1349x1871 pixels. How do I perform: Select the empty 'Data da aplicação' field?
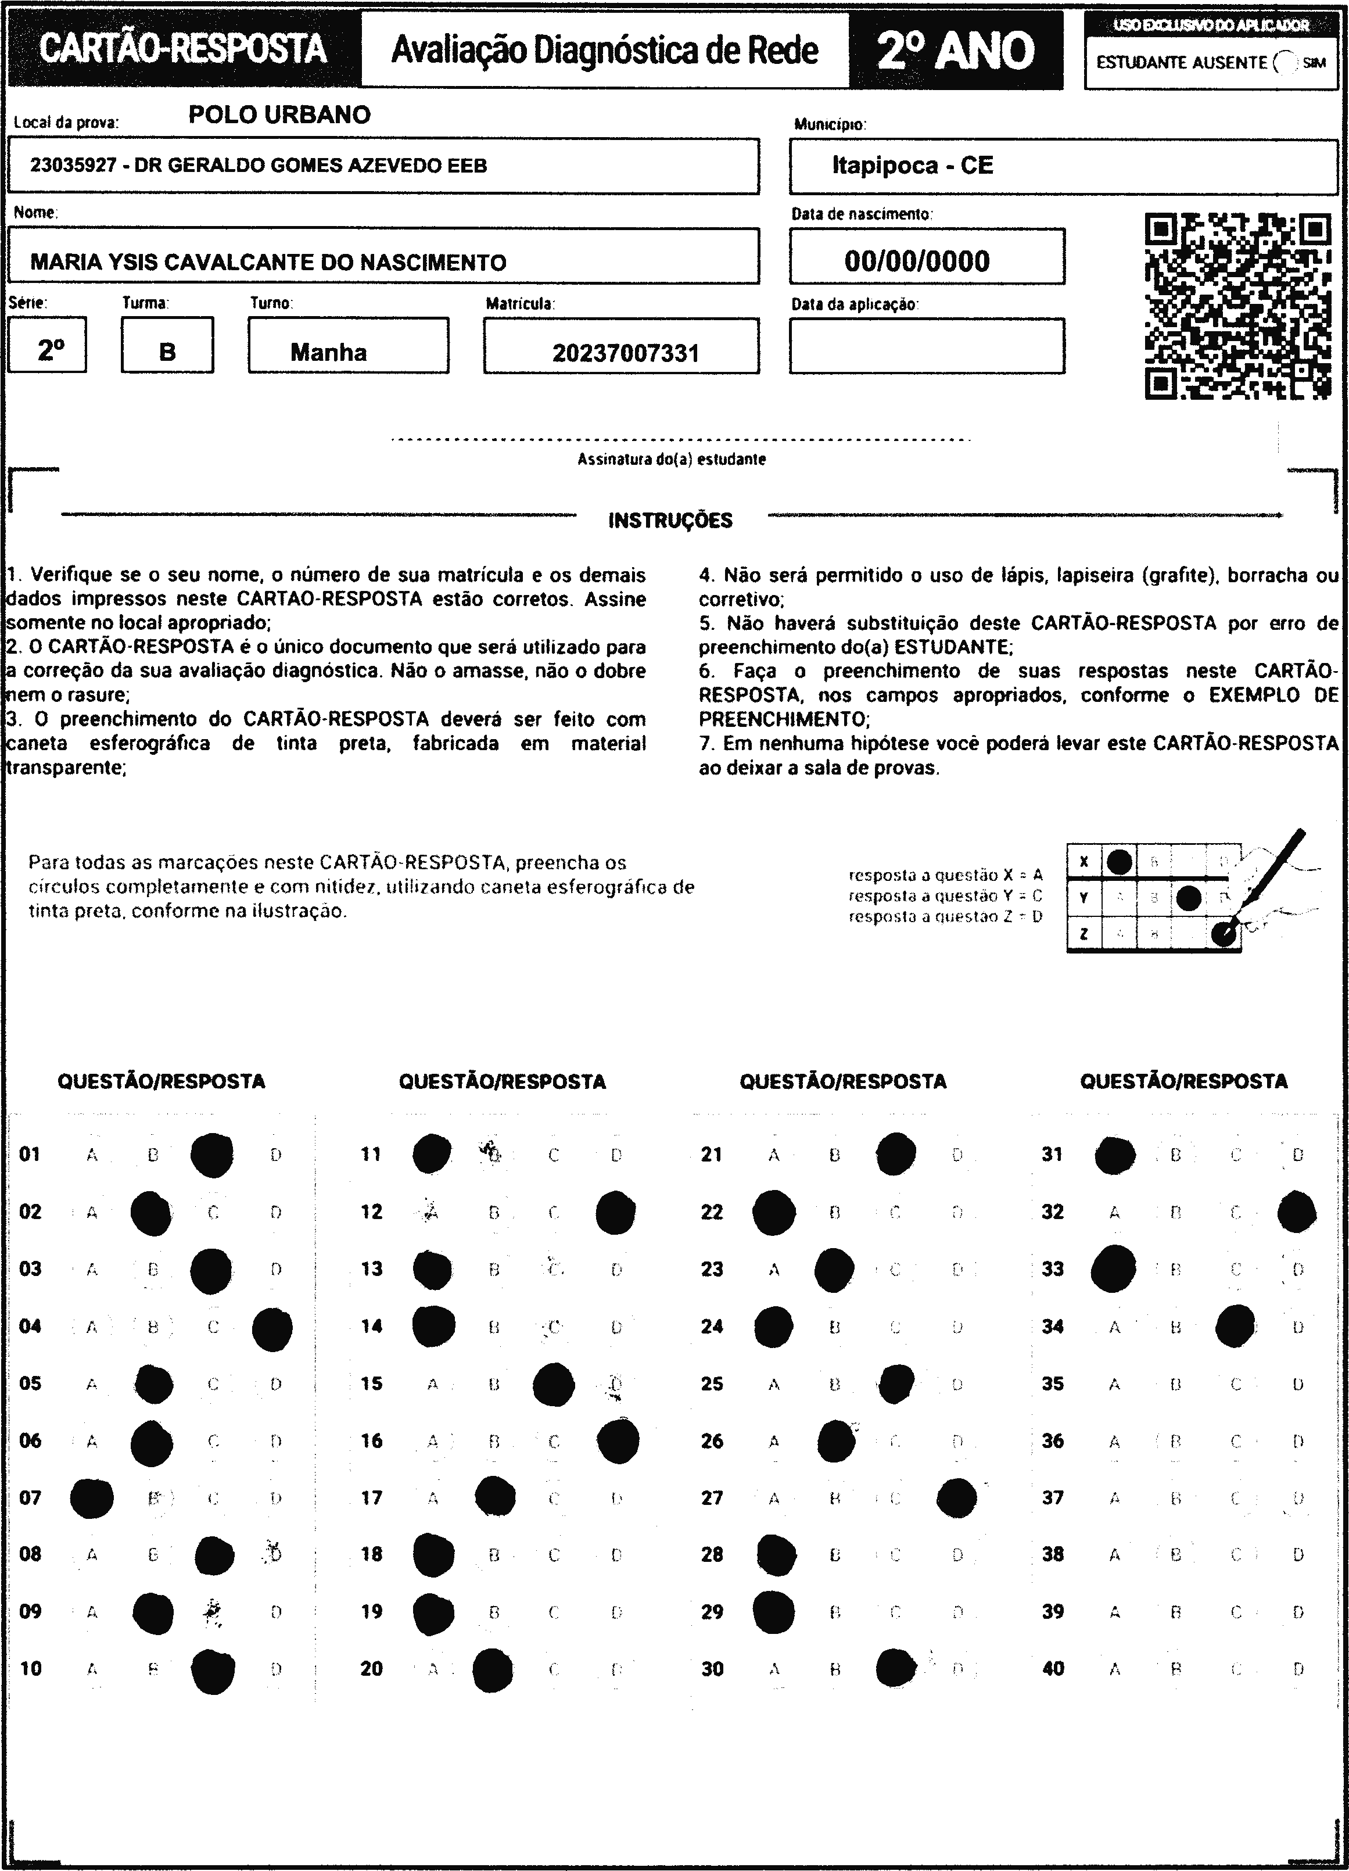coord(927,346)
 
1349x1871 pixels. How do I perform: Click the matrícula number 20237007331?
coord(625,354)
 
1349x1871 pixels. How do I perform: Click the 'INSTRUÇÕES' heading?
coord(670,521)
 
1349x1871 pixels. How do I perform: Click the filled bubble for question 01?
coord(212,1155)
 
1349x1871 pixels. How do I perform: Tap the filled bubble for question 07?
coord(92,1498)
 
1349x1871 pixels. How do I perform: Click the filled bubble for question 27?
coord(957,1498)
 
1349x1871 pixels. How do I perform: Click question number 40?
coord(1053,1669)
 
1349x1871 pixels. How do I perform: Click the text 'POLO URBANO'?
coord(279,114)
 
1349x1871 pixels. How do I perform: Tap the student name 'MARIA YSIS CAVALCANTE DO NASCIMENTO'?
coord(268,262)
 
